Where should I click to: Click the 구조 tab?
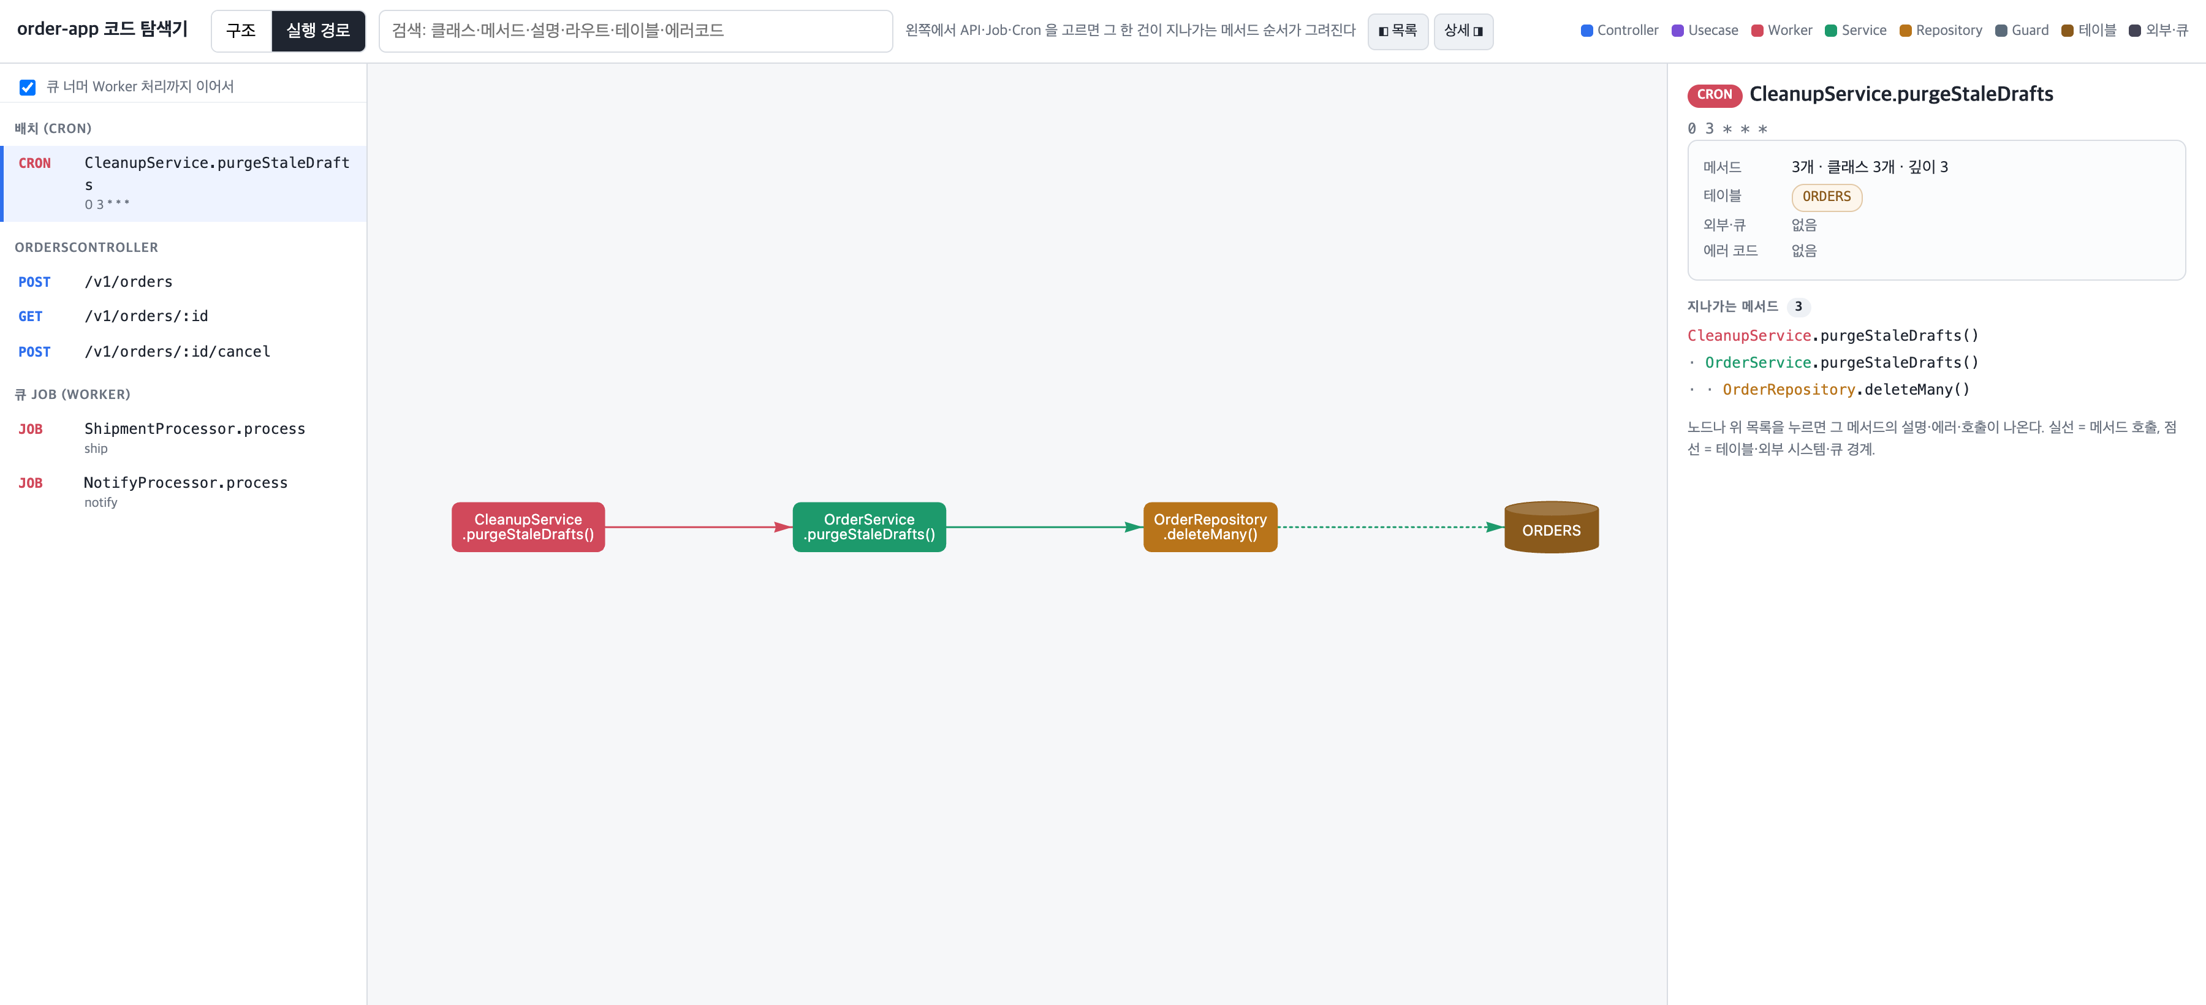(241, 31)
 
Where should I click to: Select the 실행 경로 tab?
(317, 31)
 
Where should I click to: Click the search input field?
(635, 31)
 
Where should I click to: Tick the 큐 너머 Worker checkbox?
(28, 86)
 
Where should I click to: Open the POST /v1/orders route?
(183, 282)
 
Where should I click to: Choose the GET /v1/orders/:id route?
(183, 316)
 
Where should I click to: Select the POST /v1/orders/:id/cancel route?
(183, 352)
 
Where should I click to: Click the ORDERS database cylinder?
(1552, 528)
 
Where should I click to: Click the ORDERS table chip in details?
(1827, 197)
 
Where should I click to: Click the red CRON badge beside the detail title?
(1715, 95)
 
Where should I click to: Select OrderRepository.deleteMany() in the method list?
(1846, 390)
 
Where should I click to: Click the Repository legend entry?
(1941, 31)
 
